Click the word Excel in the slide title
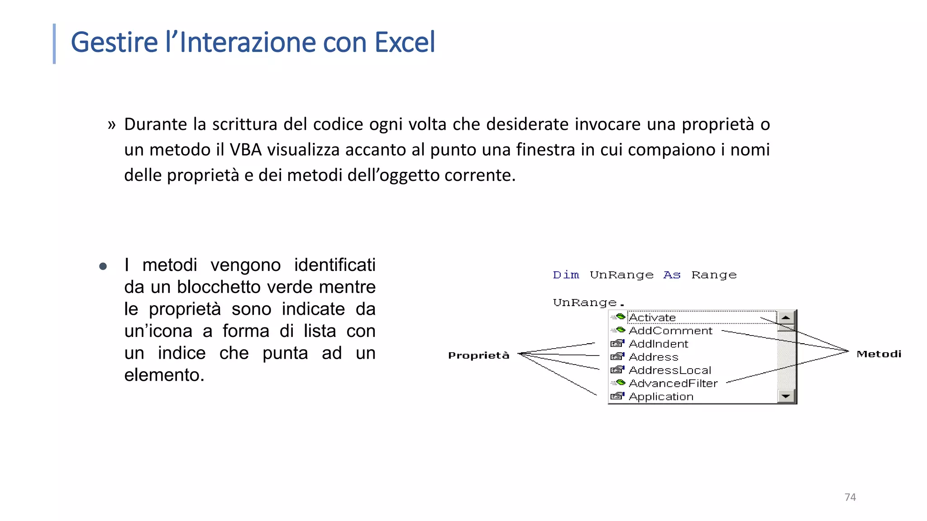pyautogui.click(x=405, y=42)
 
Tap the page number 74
pyautogui.click(x=850, y=497)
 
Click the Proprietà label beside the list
pyautogui.click(x=478, y=355)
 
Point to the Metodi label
pyautogui.click(x=879, y=354)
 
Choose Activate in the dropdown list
pyautogui.click(x=652, y=317)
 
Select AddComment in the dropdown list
pyautogui.click(x=670, y=331)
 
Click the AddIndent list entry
pyautogui.click(x=658, y=344)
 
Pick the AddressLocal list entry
pyautogui.click(x=670, y=370)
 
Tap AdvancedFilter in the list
pyautogui.click(x=673, y=383)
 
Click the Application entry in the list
pyautogui.click(x=661, y=397)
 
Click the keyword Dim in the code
pyautogui.click(x=566, y=275)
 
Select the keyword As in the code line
pyautogui.click(x=672, y=275)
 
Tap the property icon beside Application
pyautogui.click(x=617, y=396)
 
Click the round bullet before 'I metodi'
pyautogui.click(x=103, y=266)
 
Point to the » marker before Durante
pyautogui.click(x=111, y=124)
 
